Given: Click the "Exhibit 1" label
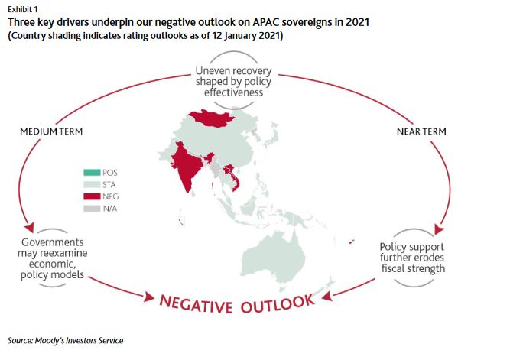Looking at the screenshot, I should coord(21,10).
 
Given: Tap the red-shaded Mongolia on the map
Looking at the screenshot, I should coord(212,117).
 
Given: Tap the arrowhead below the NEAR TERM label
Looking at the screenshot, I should coord(439,229).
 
